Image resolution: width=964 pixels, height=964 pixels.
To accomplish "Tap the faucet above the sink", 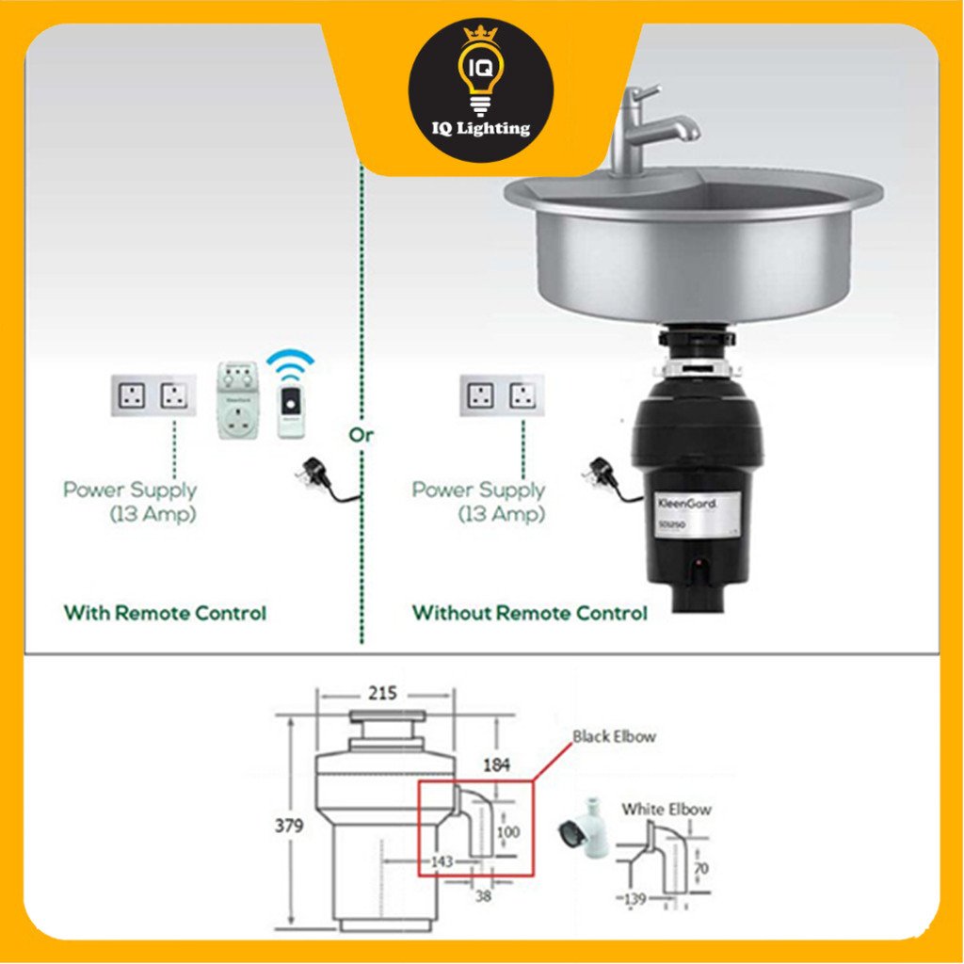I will click(x=650, y=127).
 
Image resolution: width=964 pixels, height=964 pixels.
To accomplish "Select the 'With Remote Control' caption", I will click(x=165, y=613).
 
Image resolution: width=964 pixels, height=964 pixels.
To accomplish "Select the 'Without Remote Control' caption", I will click(x=529, y=613).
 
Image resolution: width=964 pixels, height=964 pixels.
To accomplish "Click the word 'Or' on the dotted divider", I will click(x=361, y=435).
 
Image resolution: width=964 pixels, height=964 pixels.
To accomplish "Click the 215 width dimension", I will click(x=381, y=694).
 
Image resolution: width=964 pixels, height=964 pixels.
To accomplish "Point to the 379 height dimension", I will click(x=290, y=826).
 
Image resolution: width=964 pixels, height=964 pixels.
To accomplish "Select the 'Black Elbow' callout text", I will click(x=614, y=736).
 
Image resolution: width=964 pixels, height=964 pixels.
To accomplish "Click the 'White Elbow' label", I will click(x=666, y=809).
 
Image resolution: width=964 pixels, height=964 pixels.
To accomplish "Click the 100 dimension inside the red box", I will click(x=508, y=832).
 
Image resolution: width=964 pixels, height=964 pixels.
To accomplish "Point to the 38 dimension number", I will click(x=483, y=896).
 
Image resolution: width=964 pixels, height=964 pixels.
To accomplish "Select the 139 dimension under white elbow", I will click(x=635, y=900).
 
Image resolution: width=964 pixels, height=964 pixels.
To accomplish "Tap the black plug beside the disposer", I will click(x=603, y=474).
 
